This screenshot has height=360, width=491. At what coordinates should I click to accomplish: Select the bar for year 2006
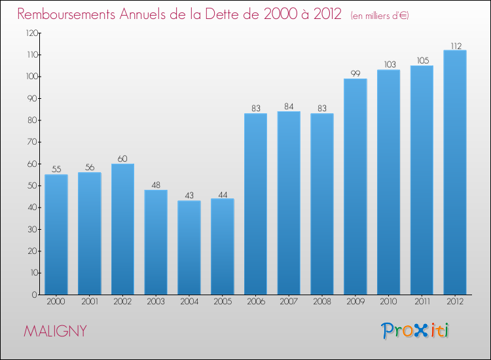pyautogui.click(x=255, y=204)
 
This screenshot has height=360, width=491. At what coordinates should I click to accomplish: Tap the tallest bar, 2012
pyautogui.click(x=455, y=172)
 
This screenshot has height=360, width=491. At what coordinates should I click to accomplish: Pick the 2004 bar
pyautogui.click(x=189, y=247)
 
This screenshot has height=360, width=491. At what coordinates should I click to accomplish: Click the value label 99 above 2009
pyautogui.click(x=355, y=73)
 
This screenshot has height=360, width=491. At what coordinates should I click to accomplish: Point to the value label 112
pyautogui.click(x=455, y=46)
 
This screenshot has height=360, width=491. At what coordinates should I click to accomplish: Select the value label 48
pyautogui.click(x=156, y=185)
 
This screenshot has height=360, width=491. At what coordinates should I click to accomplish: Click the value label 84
pyautogui.click(x=289, y=106)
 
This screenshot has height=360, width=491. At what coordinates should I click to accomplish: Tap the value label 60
pyautogui.click(x=122, y=158)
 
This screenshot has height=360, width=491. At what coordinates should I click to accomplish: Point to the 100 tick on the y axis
pyautogui.click(x=29, y=77)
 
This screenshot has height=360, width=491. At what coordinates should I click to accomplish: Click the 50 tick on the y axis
pyautogui.click(x=31, y=186)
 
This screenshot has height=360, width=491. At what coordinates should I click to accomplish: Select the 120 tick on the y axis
pyautogui.click(x=29, y=33)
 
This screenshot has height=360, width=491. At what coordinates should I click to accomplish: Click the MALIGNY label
pyautogui.click(x=55, y=331)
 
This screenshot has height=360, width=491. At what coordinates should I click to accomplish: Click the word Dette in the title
pyautogui.click(x=222, y=14)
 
